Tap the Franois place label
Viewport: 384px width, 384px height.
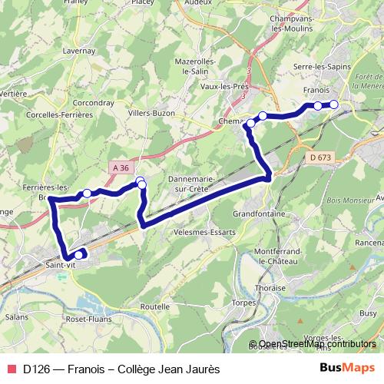317,90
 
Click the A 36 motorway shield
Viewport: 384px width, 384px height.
120,167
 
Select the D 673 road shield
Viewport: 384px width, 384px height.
320,157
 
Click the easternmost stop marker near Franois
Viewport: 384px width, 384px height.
334,104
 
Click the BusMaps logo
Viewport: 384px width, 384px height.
347,368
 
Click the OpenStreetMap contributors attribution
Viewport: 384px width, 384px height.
316,344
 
